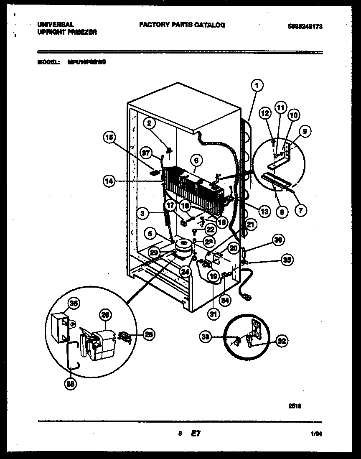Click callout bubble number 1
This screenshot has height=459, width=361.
258,86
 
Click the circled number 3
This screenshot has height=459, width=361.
143,213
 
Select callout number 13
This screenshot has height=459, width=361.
263,212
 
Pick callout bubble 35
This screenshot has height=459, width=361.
287,260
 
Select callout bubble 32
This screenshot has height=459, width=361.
282,341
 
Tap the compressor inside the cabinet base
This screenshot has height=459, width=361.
183,249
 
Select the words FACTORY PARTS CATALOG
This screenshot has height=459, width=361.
182,25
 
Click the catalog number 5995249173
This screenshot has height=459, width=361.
305,26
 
